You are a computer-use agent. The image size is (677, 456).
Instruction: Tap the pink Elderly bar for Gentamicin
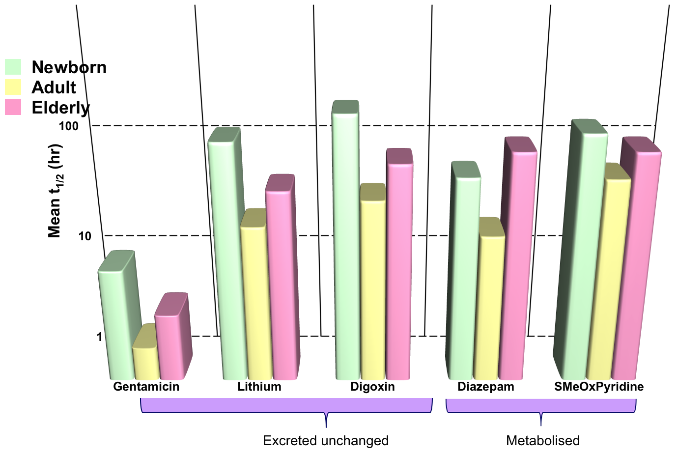coord(169,346)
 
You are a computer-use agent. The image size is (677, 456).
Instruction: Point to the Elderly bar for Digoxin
coord(399,270)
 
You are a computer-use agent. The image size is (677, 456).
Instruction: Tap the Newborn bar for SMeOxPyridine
coord(585,256)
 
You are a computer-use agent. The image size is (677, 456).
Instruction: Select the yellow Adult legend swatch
coord(13,87)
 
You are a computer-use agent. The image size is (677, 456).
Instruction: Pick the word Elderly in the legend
coord(60,108)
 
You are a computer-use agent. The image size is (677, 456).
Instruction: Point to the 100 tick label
coord(68,126)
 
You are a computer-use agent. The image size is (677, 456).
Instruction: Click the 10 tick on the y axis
coord(85,236)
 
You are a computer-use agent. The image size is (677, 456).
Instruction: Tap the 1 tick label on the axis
coord(100,337)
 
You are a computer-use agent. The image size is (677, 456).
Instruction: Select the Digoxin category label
coord(372,387)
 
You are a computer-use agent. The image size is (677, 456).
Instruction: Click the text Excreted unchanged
coord(326,441)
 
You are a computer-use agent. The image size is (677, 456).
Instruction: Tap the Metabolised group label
coord(543,441)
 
